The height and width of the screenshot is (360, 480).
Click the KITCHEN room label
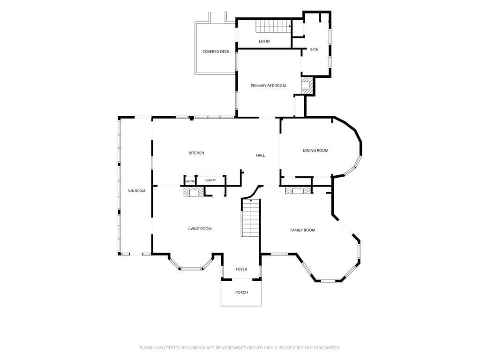(x=196, y=153)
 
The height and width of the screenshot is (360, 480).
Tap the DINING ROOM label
(x=315, y=150)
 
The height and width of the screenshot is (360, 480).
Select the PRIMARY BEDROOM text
(x=268, y=86)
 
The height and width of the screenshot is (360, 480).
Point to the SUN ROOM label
(x=136, y=191)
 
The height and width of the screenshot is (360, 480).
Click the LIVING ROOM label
(x=200, y=229)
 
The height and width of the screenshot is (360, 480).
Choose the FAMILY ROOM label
(x=302, y=230)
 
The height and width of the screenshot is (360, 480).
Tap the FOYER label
(x=241, y=269)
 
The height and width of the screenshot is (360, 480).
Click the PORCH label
(x=241, y=292)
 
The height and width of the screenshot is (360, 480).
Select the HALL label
(x=261, y=155)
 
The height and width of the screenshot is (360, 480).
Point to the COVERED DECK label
(x=216, y=52)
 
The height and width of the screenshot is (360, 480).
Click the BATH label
(x=315, y=50)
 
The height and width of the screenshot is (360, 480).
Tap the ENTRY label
(x=264, y=41)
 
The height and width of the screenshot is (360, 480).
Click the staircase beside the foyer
(x=251, y=217)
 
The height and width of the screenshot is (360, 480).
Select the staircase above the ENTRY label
(x=273, y=26)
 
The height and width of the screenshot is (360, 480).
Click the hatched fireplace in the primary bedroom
(x=307, y=85)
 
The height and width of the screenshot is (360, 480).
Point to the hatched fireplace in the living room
(x=194, y=192)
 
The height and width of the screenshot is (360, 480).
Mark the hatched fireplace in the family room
(x=298, y=190)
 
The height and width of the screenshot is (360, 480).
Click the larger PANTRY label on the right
(x=210, y=180)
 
